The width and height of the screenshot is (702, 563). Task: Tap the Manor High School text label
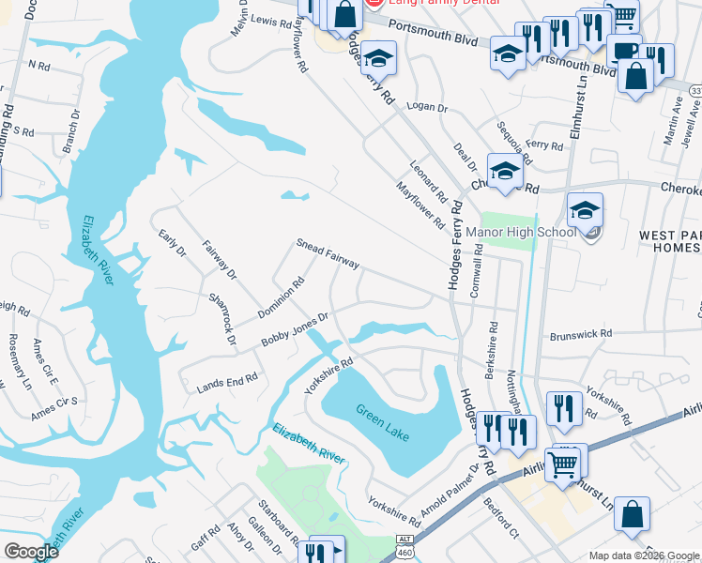[526, 232]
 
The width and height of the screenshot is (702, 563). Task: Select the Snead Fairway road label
[328, 252]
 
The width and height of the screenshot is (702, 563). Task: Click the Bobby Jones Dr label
[295, 331]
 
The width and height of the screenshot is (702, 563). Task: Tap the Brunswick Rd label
[581, 333]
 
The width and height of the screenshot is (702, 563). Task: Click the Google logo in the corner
[31, 551]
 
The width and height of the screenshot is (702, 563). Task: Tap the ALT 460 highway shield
[404, 544]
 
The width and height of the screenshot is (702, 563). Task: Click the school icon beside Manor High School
[585, 213]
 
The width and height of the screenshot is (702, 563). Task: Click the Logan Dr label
[430, 108]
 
